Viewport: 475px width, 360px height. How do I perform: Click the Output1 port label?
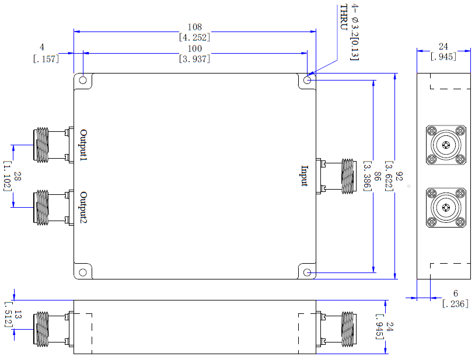click(83, 145)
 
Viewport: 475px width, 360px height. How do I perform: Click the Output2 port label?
click(83, 208)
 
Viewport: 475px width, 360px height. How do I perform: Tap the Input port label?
click(305, 176)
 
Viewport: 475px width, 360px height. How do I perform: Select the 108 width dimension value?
click(194, 27)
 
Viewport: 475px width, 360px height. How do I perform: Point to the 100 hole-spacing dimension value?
click(194, 48)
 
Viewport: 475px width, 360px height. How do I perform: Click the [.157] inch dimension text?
click(46, 59)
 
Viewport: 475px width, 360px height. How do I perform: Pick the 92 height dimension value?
click(399, 176)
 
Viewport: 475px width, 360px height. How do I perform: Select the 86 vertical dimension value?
click(377, 176)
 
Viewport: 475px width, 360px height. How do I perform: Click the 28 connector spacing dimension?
click(18, 176)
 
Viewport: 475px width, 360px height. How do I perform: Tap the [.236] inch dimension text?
click(455, 303)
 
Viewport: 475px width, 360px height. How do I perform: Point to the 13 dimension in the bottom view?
click(18, 314)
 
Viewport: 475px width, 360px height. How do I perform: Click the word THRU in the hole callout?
click(343, 17)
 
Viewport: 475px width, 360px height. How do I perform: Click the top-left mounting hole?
click(83, 81)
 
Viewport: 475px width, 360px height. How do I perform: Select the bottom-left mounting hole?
click(83, 272)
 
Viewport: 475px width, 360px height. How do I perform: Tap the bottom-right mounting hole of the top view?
click(307, 272)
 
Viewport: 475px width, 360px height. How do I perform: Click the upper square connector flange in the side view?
click(446, 145)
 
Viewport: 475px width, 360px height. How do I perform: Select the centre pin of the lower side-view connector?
click(446, 208)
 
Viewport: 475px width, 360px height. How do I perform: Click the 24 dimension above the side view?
click(443, 46)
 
